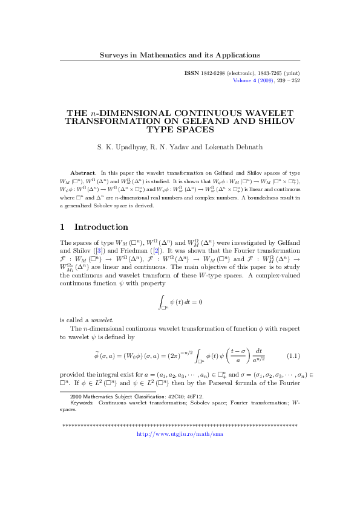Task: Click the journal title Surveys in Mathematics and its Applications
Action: coord(180,56)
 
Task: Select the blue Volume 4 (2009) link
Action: coord(250,80)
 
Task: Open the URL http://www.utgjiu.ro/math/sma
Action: coord(180,433)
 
